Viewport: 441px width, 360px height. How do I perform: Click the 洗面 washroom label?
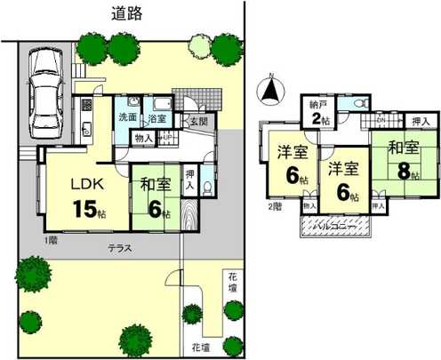click(127, 116)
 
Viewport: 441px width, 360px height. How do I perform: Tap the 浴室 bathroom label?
click(157, 116)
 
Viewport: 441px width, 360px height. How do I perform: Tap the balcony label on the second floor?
click(335, 228)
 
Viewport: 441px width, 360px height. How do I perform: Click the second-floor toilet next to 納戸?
click(363, 103)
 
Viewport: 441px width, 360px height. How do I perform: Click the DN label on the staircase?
click(381, 119)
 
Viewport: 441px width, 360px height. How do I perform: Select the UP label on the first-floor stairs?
click(165, 136)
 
